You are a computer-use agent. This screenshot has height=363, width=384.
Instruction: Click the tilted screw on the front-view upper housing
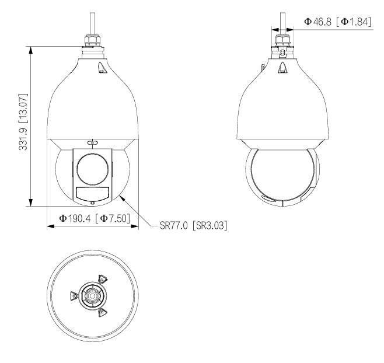[x=101, y=68]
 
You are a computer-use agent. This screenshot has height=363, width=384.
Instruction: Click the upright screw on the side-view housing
[x=282, y=68]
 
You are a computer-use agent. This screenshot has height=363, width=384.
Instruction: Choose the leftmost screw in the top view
[x=74, y=296]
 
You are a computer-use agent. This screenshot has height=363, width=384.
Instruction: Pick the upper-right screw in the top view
[x=102, y=280]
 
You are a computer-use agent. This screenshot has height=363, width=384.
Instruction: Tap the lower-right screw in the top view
[x=102, y=313]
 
